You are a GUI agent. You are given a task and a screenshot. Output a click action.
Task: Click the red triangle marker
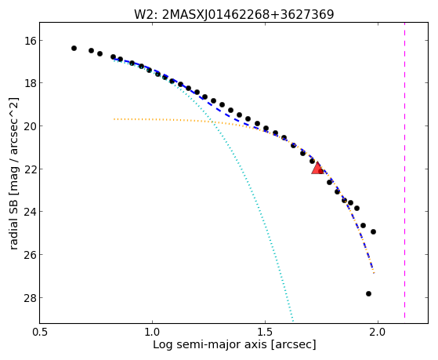pos(317,169)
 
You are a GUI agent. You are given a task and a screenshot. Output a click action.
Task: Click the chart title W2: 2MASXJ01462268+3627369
pos(234,15)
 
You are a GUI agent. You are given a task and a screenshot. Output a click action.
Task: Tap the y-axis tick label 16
pos(31,41)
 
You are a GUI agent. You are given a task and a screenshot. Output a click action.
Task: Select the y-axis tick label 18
pos(31,83)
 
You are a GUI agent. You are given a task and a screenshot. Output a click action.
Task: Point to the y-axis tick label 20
pos(31,126)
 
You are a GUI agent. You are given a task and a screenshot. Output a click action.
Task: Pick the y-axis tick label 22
pos(31,169)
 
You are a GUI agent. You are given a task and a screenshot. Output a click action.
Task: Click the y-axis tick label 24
pos(31,212)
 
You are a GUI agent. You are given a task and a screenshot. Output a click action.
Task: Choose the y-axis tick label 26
pos(31,255)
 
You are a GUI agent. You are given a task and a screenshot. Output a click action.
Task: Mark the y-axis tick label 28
pos(31,297)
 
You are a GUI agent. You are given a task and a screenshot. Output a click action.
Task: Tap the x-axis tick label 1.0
pos(152,332)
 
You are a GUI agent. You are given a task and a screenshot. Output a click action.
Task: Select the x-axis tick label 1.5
pos(265,332)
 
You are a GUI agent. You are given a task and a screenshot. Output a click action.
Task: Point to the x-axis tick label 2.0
pos(378,332)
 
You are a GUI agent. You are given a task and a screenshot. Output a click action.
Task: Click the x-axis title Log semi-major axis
pos(209,344)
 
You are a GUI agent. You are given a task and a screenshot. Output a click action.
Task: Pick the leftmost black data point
pos(74,49)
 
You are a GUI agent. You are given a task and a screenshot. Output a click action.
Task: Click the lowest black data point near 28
pos(368,293)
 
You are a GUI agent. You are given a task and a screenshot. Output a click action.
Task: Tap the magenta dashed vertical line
pos(404,170)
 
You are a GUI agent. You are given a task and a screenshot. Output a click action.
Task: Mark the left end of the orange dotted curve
pos(114,119)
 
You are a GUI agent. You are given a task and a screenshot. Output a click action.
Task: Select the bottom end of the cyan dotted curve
pos(293,321)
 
